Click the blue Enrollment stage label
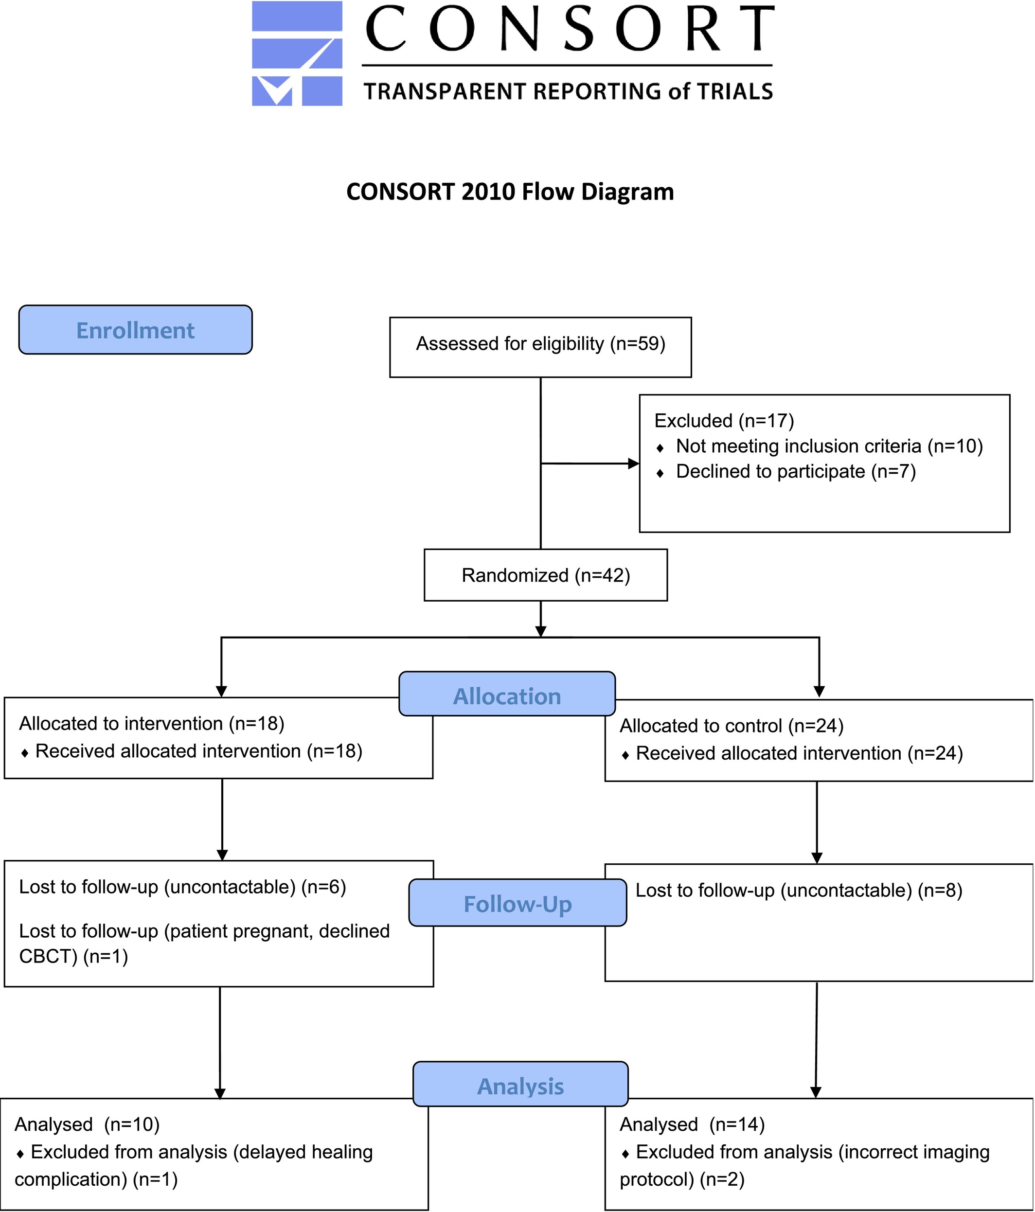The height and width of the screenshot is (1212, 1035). (135, 330)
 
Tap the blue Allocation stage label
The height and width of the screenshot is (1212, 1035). (507, 694)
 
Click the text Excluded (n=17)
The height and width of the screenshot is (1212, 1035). (724, 421)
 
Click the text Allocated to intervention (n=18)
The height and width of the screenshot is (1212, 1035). (152, 724)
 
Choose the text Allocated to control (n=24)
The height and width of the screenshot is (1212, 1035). (732, 726)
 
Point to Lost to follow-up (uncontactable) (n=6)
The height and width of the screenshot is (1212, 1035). (182, 887)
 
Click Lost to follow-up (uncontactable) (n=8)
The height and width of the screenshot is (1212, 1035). (799, 891)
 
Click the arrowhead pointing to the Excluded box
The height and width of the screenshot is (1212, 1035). (634, 464)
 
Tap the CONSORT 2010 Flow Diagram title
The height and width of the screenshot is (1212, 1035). (510, 192)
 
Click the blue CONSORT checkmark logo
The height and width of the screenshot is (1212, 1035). (297, 53)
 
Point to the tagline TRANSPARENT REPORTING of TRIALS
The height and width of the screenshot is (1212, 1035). (568, 92)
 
